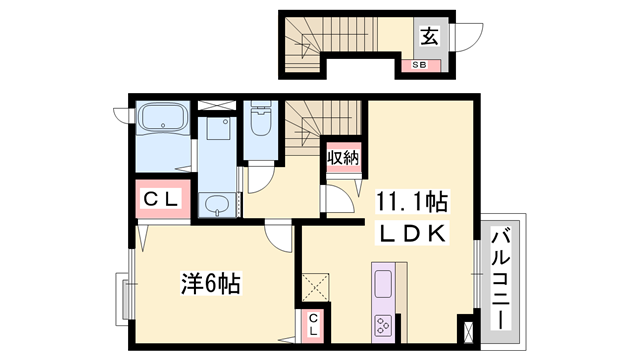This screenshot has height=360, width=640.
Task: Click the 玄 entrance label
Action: (430, 37)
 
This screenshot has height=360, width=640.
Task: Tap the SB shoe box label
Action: (419, 65)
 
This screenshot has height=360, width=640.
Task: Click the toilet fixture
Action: (261, 117)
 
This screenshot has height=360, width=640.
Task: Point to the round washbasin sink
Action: (218, 205)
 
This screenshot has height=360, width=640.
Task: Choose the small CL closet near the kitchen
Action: (313, 325)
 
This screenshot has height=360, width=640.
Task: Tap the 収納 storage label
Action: (343, 158)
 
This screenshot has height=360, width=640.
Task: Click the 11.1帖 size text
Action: (412, 202)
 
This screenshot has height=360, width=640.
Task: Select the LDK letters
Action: (412, 233)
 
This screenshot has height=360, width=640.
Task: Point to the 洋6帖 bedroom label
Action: (210, 283)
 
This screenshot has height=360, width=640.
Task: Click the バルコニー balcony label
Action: (501, 279)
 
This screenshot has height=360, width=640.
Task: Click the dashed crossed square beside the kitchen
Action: (316, 288)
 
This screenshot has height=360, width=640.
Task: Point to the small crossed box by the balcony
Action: (468, 332)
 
